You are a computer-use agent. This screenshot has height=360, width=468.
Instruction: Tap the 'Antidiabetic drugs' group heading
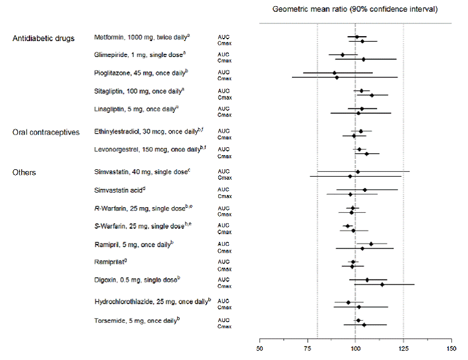pos(44,39)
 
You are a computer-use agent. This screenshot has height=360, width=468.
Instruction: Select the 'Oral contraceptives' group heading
pos(46,133)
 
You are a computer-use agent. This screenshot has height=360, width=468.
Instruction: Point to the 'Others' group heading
pos(24,172)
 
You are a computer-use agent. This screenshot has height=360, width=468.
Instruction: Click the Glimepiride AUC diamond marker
pos(342,55)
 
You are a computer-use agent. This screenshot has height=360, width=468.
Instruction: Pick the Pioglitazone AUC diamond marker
pos(334,73)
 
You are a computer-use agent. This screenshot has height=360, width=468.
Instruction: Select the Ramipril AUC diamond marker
pos(371,243)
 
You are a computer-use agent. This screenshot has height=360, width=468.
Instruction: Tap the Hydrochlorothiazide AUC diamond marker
pos(348,302)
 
